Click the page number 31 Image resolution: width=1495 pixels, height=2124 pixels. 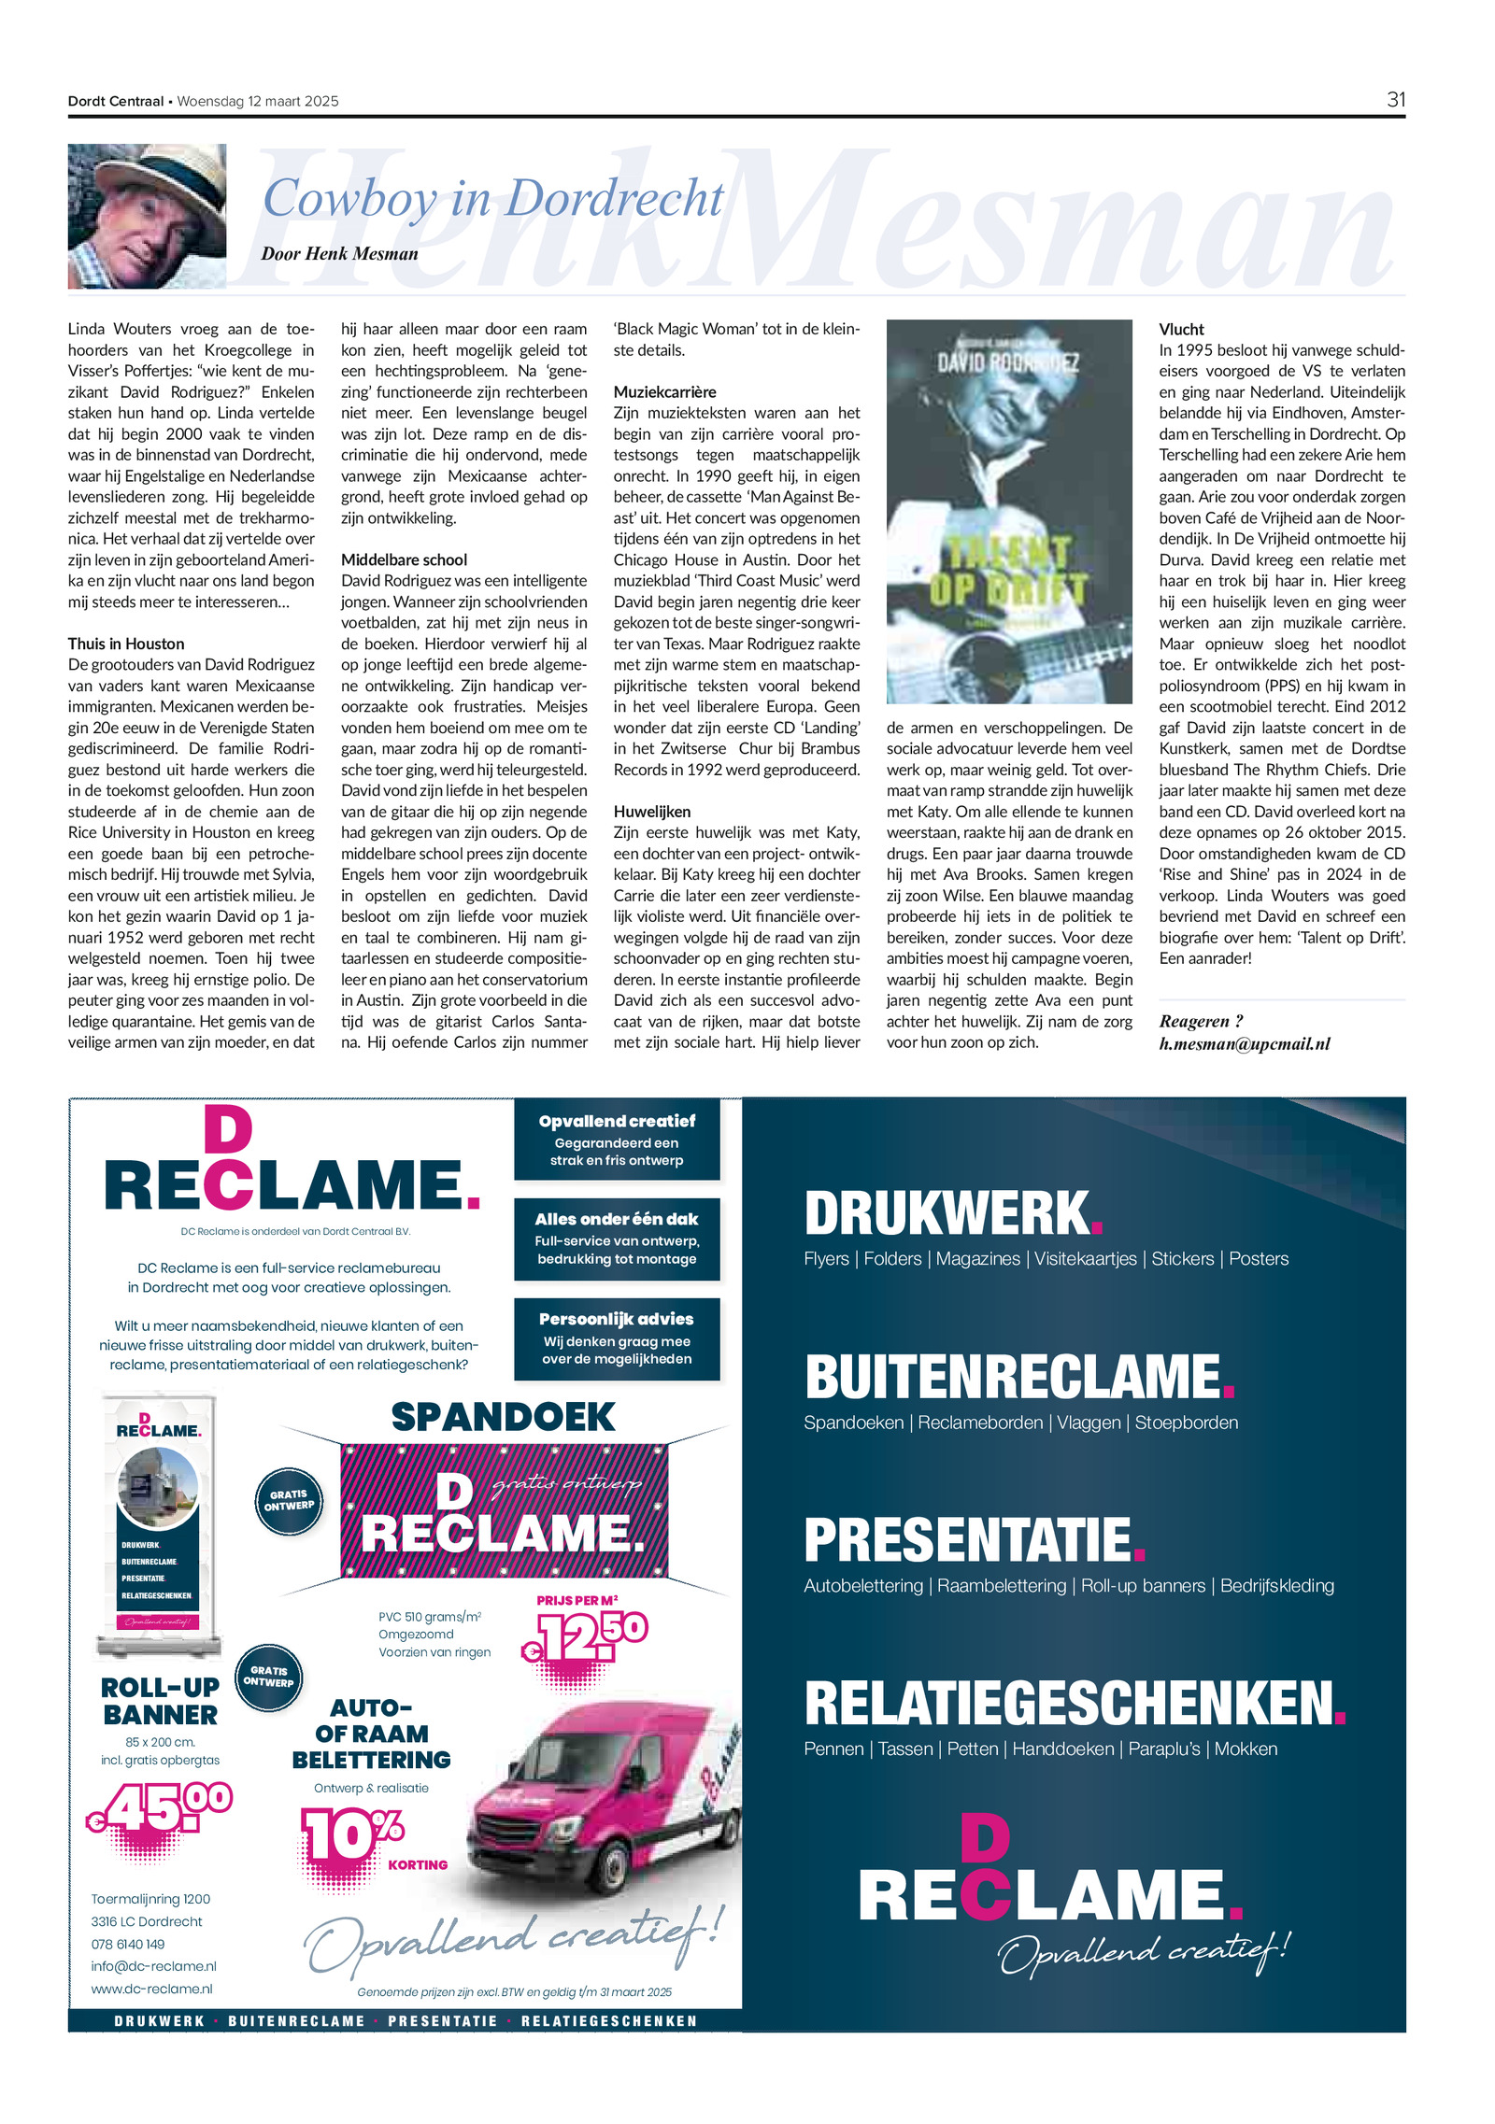[1395, 100]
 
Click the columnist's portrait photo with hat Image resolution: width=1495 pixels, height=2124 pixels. [147, 216]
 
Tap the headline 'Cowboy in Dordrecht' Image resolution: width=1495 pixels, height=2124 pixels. [492, 198]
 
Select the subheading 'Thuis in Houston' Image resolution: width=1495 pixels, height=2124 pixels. [126, 644]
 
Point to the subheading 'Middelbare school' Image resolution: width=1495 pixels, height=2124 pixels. [404, 559]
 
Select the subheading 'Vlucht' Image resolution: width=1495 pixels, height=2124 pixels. [1181, 329]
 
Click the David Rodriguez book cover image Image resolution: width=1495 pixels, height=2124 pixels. [1008, 511]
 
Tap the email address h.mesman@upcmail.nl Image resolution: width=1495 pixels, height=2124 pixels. [1244, 1043]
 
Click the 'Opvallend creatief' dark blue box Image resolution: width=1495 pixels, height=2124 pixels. [617, 1140]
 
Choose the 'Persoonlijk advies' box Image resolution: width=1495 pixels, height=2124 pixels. [617, 1338]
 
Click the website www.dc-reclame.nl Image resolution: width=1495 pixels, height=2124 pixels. [151, 1989]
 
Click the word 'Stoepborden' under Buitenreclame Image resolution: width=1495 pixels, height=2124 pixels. [1186, 1423]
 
